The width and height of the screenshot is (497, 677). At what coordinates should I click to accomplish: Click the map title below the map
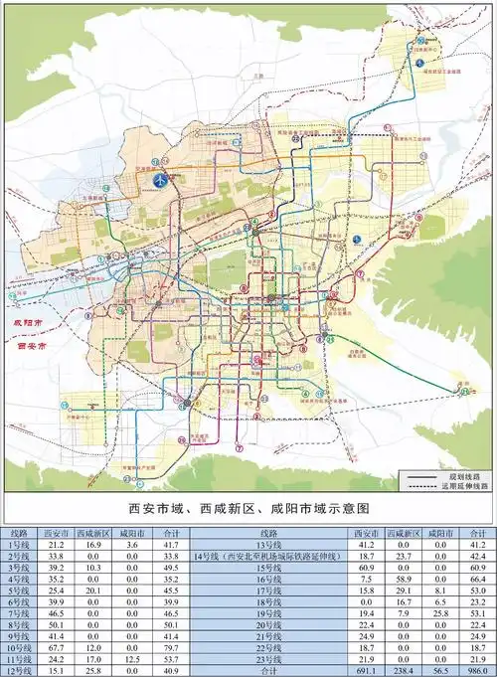pos(248,509)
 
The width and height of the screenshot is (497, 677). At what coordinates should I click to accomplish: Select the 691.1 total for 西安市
pos(365,672)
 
